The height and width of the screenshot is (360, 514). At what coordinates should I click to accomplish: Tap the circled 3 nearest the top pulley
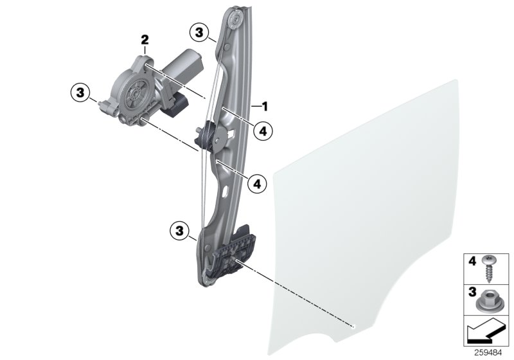coord(200,32)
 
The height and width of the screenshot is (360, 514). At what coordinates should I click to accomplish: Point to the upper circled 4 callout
coord(261,131)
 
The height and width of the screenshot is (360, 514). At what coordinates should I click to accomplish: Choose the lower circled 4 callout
coord(257,184)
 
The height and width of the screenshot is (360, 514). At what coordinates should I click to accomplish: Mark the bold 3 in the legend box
coord(470,293)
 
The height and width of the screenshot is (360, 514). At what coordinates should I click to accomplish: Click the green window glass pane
coord(379,212)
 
